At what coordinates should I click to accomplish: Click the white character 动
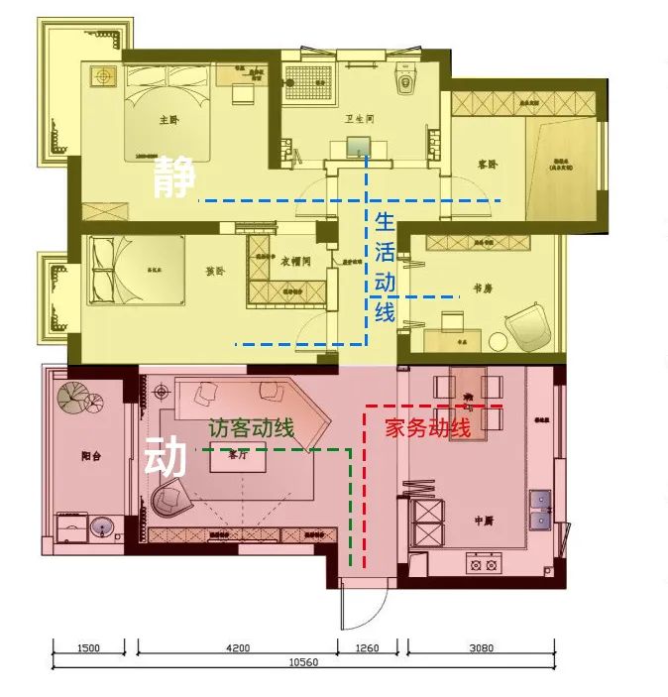(x=167, y=458)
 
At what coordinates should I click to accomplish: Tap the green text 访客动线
(x=251, y=429)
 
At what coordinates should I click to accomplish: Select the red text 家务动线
(x=427, y=428)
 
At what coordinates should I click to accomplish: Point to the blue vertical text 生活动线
(x=385, y=266)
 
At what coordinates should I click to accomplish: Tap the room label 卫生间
(x=358, y=119)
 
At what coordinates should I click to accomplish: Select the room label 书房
(x=483, y=289)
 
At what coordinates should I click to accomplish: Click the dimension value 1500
(x=88, y=649)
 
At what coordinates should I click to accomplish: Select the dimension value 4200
(x=237, y=649)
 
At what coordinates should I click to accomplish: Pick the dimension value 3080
(x=481, y=649)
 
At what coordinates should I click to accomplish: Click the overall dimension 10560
(x=302, y=662)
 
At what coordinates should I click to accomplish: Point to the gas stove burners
(x=483, y=565)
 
